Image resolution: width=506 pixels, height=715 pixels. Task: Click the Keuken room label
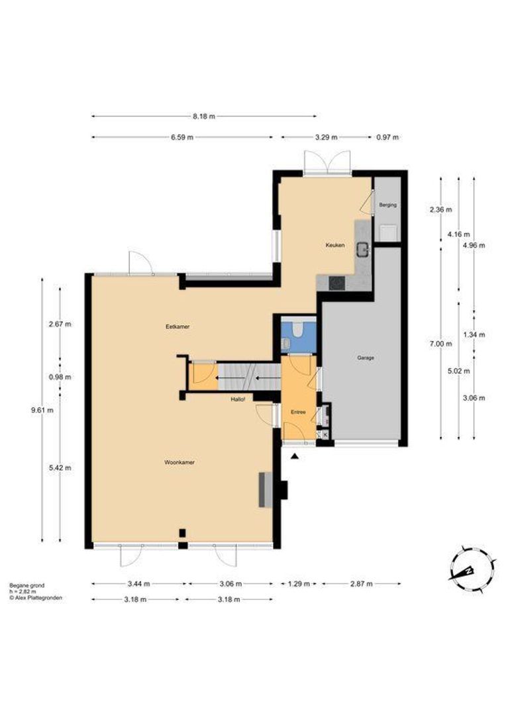pyautogui.click(x=335, y=245)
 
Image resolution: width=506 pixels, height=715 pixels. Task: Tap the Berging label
pyautogui.click(x=388, y=205)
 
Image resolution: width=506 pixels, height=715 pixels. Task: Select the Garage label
pyautogui.click(x=366, y=358)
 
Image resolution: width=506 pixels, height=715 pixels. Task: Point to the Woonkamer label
pyautogui.click(x=179, y=462)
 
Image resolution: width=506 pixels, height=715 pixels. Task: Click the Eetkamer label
pyautogui.click(x=177, y=326)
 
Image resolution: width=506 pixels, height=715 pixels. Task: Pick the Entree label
pyautogui.click(x=299, y=412)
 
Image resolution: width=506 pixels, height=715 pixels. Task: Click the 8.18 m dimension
pyautogui.click(x=203, y=117)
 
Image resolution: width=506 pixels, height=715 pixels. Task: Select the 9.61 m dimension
pyautogui.click(x=42, y=410)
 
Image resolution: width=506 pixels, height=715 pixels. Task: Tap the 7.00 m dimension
pyautogui.click(x=440, y=344)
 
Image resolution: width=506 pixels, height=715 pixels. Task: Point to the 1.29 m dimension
pyautogui.click(x=299, y=584)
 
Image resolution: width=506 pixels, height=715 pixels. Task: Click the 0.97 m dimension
pyautogui.click(x=387, y=137)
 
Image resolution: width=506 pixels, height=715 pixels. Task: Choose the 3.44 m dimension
pyautogui.click(x=138, y=584)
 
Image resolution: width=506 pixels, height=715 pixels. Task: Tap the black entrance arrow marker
pyautogui.click(x=295, y=456)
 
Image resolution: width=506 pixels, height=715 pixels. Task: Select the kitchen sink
pyautogui.click(x=364, y=249)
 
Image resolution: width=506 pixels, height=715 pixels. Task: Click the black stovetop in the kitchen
pyautogui.click(x=337, y=283)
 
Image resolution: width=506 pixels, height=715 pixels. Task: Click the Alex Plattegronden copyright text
pyautogui.click(x=36, y=597)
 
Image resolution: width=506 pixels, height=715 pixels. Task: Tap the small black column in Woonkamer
pyautogui.click(x=183, y=532)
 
